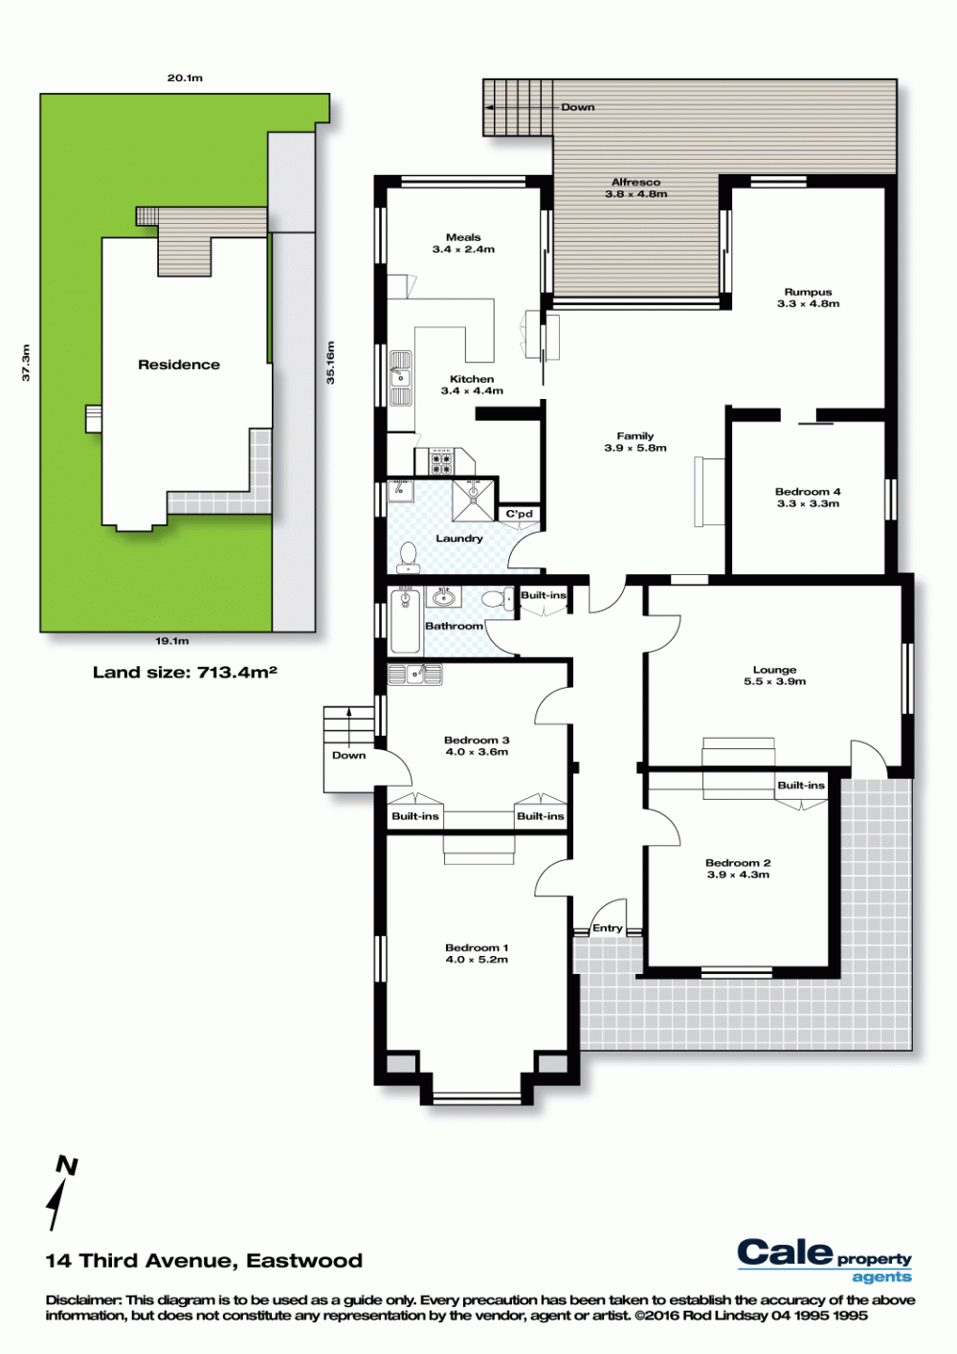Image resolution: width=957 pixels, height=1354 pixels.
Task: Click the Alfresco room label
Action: point(635,182)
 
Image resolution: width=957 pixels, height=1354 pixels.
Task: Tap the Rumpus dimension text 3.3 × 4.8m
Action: point(809,304)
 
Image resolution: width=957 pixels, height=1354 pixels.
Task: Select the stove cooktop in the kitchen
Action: point(441,461)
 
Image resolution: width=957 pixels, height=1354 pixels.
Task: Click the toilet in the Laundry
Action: point(410,557)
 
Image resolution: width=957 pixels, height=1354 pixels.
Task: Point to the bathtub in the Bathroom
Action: point(405,620)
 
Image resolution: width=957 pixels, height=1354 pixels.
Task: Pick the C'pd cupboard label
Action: point(520,514)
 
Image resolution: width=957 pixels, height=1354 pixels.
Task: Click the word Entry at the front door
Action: point(607,928)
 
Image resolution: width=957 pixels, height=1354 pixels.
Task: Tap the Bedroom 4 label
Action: point(808,492)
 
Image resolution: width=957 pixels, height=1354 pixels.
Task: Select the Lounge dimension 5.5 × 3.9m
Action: point(774,681)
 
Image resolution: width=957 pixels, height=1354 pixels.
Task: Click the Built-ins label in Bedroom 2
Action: point(800,786)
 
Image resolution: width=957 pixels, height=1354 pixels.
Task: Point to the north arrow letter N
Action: point(67,1165)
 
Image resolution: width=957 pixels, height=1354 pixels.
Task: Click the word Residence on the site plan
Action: point(179,365)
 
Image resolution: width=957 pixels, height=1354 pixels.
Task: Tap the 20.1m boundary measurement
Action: point(185,78)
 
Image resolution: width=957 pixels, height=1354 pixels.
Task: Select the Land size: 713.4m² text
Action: point(185,672)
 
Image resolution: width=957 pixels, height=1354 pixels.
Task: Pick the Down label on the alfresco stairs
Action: point(577,107)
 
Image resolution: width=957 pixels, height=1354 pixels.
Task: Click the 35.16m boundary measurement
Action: point(330,363)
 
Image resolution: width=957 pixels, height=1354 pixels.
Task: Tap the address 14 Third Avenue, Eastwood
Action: point(205,1260)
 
